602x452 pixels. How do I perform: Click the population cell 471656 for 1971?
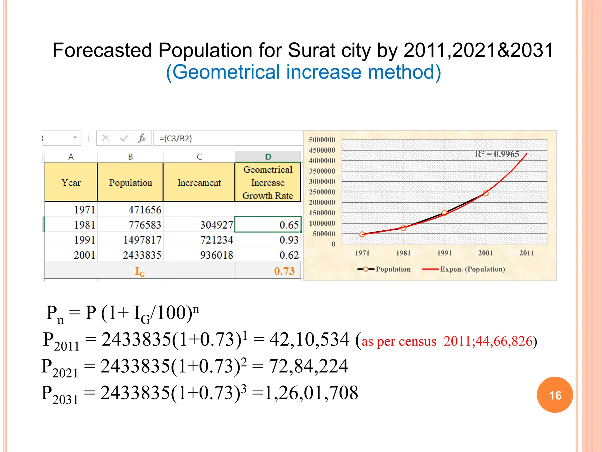click(145, 210)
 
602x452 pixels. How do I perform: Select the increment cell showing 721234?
click(216, 240)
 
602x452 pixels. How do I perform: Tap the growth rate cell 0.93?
click(289, 240)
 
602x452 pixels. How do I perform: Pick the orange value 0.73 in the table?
click(284, 271)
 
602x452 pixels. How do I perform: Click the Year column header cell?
click(71, 182)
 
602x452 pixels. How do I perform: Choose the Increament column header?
click(199, 182)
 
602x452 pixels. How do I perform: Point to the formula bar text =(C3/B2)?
click(175, 138)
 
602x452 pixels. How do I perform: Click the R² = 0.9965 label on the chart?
click(497, 154)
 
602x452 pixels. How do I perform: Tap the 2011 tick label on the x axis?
click(526, 253)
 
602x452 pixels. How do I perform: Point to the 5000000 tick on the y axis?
click(322, 140)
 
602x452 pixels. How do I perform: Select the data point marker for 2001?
click(486, 193)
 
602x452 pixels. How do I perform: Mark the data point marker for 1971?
click(362, 234)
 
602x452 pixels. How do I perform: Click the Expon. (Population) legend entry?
click(472, 269)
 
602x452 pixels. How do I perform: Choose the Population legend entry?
click(393, 269)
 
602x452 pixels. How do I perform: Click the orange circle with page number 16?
click(555, 395)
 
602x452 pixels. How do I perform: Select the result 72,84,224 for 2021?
click(308, 366)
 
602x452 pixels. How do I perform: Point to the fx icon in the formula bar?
click(142, 138)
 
